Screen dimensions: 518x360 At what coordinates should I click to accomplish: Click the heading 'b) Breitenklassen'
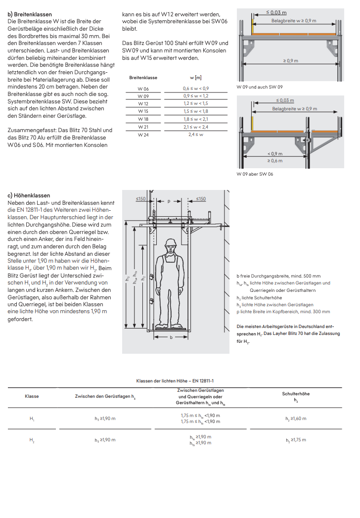pyautogui.click(x=30, y=14)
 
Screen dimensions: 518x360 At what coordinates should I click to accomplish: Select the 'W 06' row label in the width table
pyautogui.click(x=143, y=89)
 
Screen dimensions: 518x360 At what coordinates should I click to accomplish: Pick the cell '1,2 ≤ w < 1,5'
pyautogui.click(x=196, y=104)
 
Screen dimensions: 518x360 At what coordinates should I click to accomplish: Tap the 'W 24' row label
pyautogui.click(x=143, y=135)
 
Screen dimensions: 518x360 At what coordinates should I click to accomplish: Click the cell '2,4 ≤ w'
pyautogui.click(x=196, y=135)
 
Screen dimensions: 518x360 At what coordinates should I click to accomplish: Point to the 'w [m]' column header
pyautogui.click(x=196, y=78)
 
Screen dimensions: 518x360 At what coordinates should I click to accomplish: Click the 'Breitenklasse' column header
pyautogui.click(x=143, y=78)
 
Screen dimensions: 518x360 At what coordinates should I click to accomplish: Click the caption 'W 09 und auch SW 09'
pyautogui.click(x=260, y=87)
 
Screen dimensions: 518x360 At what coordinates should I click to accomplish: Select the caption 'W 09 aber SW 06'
pyautogui.click(x=255, y=174)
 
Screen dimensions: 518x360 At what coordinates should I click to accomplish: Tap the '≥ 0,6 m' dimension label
pyautogui.click(x=275, y=160)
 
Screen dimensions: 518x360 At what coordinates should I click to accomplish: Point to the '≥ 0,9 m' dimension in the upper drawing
pyautogui.click(x=291, y=60)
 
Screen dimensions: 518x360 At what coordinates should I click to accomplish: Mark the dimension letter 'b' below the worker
pyautogui.click(x=171, y=337)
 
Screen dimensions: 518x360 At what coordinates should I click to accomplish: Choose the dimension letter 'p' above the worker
pyautogui.click(x=169, y=201)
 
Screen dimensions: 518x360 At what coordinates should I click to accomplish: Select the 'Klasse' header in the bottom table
pyautogui.click(x=32, y=396)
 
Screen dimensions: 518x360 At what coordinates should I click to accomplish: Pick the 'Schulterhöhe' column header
pyautogui.click(x=296, y=394)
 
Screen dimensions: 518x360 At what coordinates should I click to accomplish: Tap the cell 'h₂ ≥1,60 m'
pyautogui.click(x=296, y=419)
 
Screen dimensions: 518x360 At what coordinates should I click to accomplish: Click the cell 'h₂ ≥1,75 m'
pyautogui.click(x=296, y=440)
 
